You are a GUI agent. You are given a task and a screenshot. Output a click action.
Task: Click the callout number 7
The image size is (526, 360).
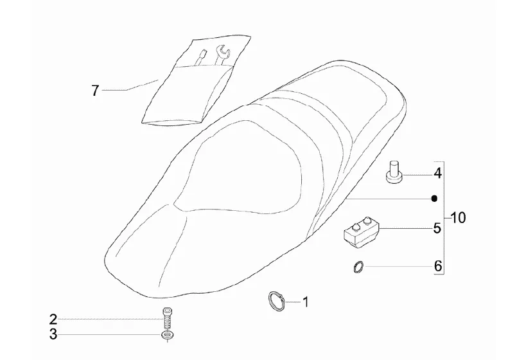pyautogui.click(x=95, y=91)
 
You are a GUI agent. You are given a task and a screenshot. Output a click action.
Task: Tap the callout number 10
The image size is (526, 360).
pyautogui.click(x=458, y=217)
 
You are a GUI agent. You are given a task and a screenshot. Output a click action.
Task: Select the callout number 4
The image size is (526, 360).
pyautogui.click(x=437, y=173)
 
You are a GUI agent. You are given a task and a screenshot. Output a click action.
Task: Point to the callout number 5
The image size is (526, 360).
pyautogui.click(x=437, y=228)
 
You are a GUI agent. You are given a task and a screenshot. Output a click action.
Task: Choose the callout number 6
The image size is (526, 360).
pyautogui.click(x=437, y=265)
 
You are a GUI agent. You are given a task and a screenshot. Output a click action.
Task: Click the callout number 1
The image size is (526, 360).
pyautogui.click(x=306, y=301)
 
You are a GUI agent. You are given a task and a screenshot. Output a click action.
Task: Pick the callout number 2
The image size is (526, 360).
pyautogui.click(x=53, y=319)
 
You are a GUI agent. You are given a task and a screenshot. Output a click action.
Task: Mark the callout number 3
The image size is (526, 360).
pyautogui.click(x=53, y=334)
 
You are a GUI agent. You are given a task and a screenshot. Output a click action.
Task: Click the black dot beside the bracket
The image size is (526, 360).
pyautogui.click(x=434, y=199)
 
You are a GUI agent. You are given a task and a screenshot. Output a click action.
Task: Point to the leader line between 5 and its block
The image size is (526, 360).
pyautogui.click(x=405, y=228)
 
